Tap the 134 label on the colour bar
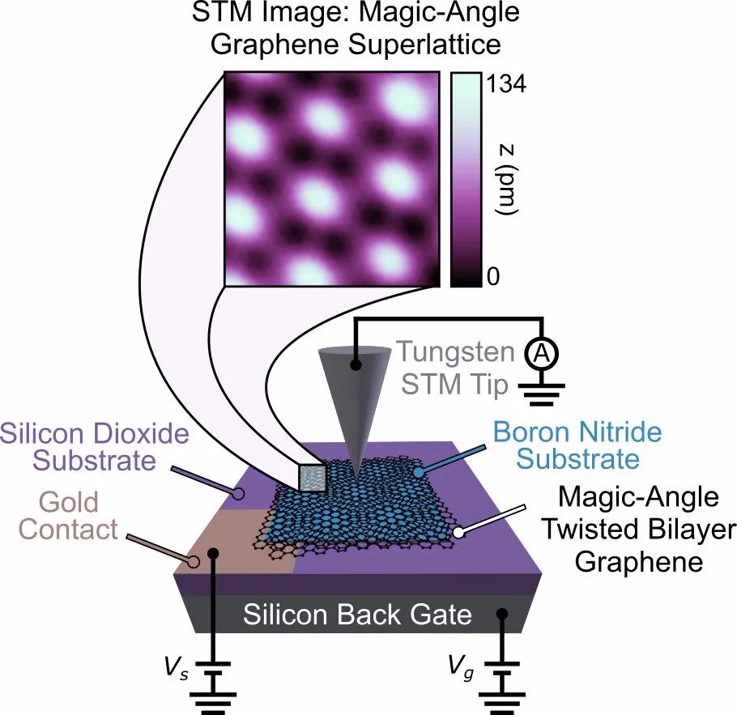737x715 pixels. (x=505, y=84)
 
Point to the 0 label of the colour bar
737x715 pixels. (x=493, y=276)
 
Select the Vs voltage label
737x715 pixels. (x=177, y=666)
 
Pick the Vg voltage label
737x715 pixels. (x=461, y=667)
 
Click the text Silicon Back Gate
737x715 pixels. (x=357, y=615)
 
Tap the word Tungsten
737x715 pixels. (x=455, y=352)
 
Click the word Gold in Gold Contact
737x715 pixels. (x=69, y=502)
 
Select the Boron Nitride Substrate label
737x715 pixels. (x=577, y=445)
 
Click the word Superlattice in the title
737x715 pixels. (x=424, y=45)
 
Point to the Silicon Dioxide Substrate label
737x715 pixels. (x=95, y=447)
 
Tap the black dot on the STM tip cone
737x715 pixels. (x=356, y=364)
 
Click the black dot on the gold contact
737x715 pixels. (x=213, y=553)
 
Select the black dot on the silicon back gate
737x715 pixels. (x=502, y=614)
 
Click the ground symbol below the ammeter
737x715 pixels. (x=542, y=394)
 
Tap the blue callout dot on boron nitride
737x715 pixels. (x=418, y=471)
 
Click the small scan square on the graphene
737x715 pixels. (x=313, y=479)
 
